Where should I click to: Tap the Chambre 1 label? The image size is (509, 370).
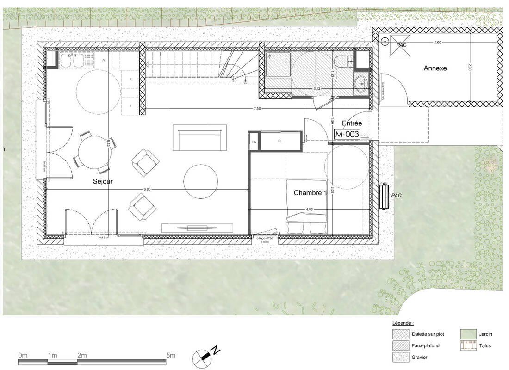coord(310,193)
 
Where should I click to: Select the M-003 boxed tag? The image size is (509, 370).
coord(347,134)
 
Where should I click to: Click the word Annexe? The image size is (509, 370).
coord(435,68)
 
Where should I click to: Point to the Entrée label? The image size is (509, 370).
coord(351,123)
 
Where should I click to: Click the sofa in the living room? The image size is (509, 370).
coord(200,137)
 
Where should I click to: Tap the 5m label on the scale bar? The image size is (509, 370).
coord(171,355)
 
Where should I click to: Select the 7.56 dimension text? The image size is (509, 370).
coord(256,109)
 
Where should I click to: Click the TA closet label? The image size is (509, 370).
coord(254,142)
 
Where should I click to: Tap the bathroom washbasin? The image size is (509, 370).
coord(360,84)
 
